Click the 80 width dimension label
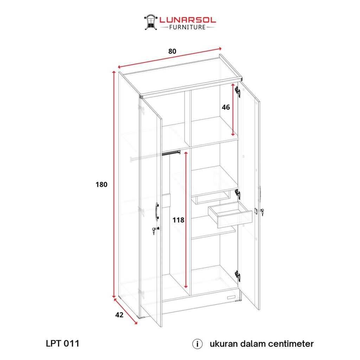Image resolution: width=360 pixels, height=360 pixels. [172, 51]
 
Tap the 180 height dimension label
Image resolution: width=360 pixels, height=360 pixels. [102, 185]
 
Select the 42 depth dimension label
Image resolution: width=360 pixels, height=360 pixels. [119, 315]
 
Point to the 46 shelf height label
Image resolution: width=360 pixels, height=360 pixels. [226, 107]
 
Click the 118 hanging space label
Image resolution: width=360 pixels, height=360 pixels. [178, 220]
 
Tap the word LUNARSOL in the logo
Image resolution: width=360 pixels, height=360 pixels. [188, 20]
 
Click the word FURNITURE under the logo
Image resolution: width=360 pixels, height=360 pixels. [187, 27]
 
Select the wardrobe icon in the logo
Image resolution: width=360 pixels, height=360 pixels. [151, 22]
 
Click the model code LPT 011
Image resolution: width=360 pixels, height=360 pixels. [63, 343]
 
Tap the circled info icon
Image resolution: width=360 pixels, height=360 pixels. [197, 344]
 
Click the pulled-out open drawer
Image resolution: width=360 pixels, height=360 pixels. [230, 215]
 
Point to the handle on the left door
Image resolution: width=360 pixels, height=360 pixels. [157, 212]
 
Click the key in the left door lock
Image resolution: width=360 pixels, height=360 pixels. [155, 230]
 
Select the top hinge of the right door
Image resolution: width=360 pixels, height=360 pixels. [238, 92]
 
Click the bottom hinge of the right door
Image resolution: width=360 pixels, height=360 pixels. [238, 276]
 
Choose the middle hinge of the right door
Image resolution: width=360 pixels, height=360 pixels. [238, 194]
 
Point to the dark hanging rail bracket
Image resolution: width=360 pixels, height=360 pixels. [171, 153]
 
